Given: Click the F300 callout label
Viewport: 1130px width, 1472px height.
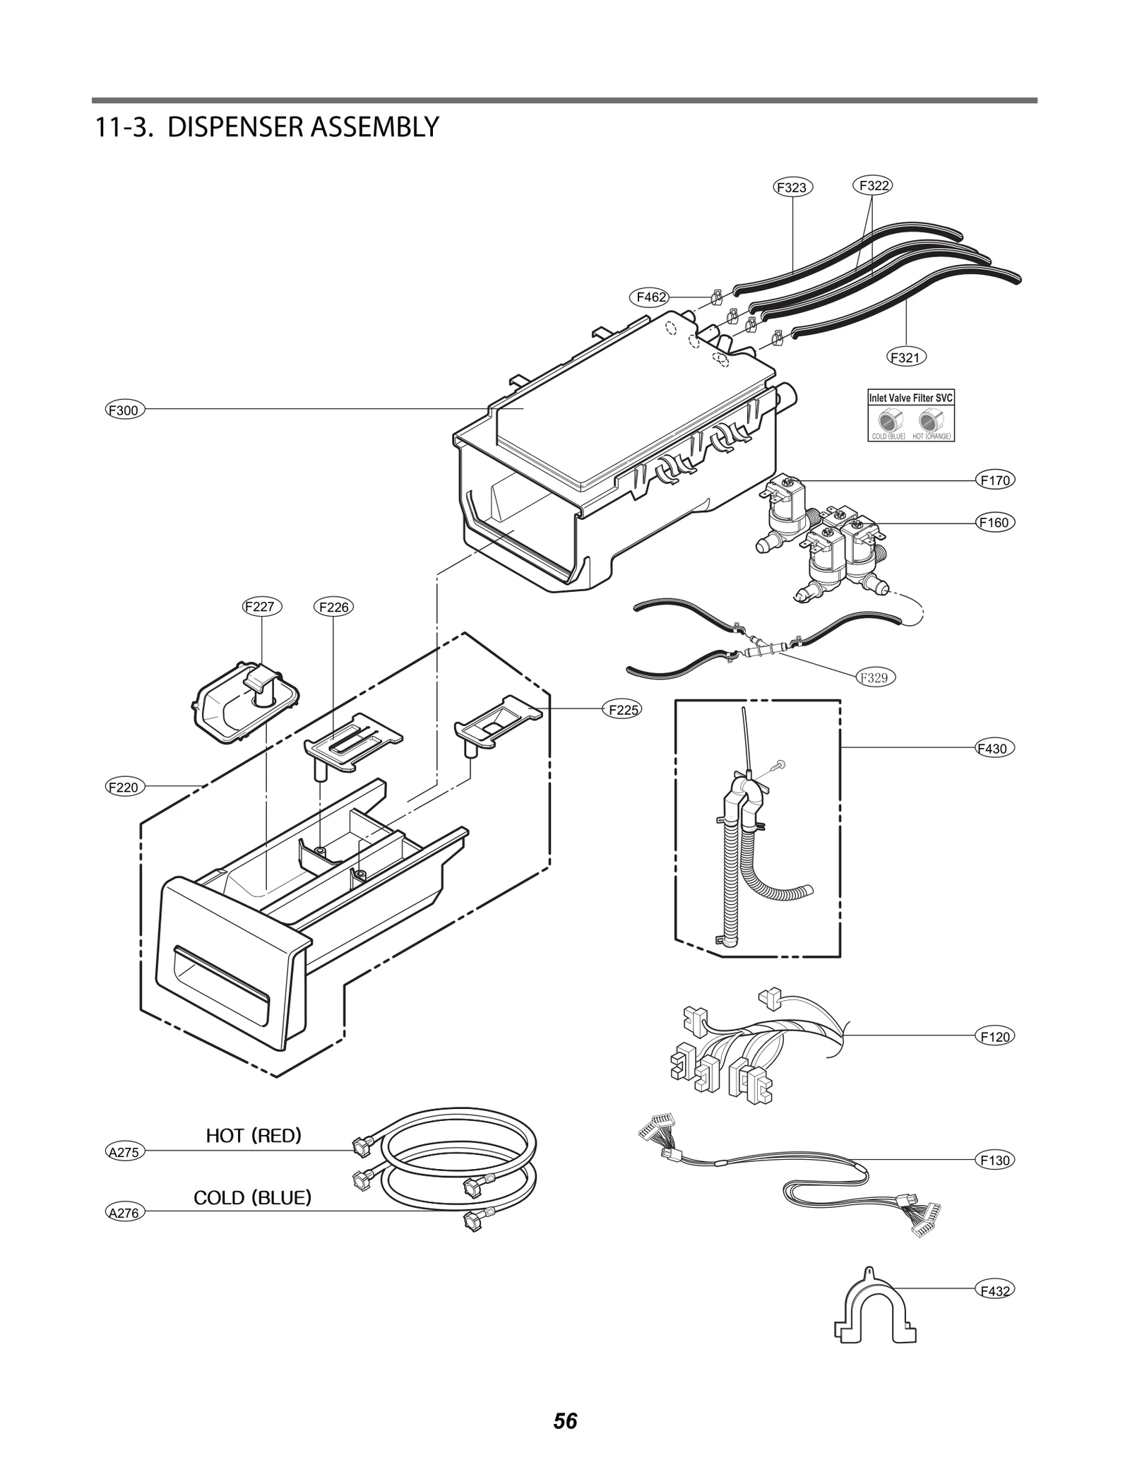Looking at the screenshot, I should tap(125, 410).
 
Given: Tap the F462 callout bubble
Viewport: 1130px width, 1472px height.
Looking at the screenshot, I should tap(650, 297).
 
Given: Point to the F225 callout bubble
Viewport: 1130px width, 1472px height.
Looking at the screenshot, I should tap(623, 709).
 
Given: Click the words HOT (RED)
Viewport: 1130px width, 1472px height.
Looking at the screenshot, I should tap(254, 1135).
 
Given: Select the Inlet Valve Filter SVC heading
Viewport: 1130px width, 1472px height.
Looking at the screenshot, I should tap(910, 398).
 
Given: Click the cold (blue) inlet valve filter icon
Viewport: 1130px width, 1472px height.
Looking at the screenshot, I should tap(888, 421).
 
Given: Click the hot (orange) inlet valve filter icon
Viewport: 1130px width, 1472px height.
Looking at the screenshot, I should tap(929, 421).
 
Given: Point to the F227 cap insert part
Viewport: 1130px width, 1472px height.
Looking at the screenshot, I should tap(244, 703).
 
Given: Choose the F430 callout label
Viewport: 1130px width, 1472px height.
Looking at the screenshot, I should tap(994, 748).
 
